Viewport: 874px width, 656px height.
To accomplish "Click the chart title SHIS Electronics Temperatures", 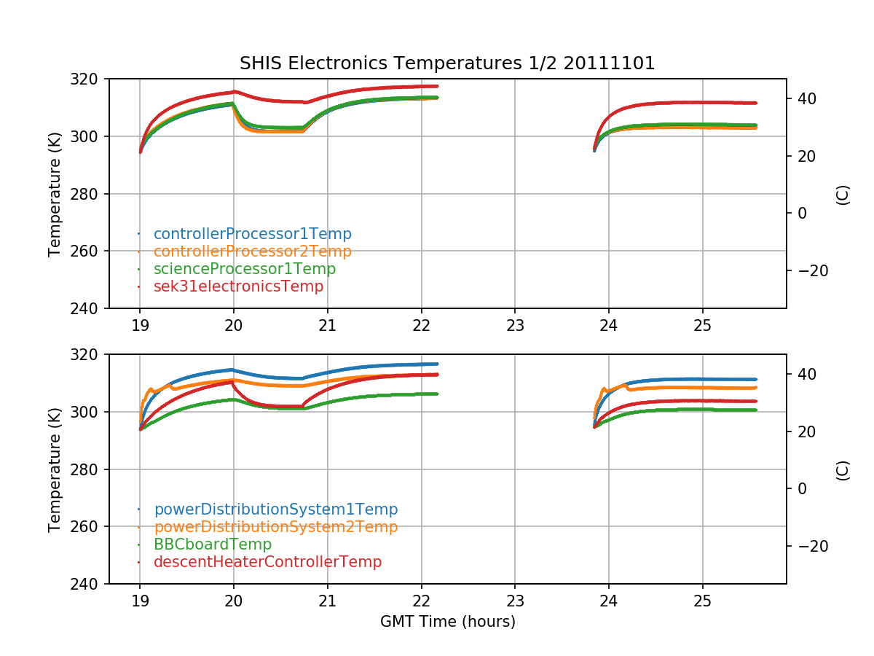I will pos(447,63).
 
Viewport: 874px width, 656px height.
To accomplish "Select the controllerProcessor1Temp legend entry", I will pos(252,234).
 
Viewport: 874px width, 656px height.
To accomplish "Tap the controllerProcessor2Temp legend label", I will pos(252,251).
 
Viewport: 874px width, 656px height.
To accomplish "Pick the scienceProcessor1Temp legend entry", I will pos(244,269).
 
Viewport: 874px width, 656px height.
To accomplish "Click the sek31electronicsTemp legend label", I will pos(238,286).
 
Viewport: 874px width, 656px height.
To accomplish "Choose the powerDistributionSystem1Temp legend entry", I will pos(275,509).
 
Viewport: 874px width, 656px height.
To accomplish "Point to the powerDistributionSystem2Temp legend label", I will pos(275,527).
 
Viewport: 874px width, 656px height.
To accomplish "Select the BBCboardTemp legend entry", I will pos(212,544).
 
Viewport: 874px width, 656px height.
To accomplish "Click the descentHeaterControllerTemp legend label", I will pos(267,562).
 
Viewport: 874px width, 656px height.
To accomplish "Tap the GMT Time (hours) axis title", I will pos(447,622).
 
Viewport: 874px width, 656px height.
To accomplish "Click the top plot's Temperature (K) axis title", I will pos(55,193).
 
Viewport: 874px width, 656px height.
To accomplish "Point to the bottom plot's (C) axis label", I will pos(843,469).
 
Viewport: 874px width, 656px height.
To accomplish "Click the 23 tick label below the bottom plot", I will pos(515,601).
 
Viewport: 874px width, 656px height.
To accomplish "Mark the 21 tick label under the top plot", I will pos(328,326).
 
